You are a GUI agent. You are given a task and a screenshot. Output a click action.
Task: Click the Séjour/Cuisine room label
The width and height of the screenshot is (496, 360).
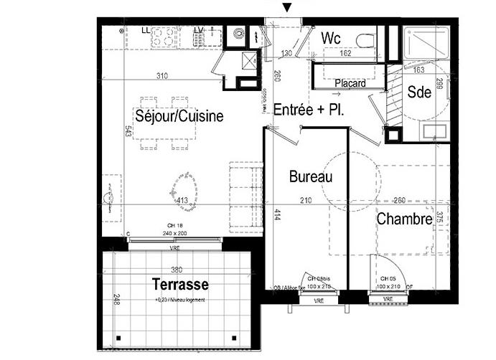pyautogui.click(x=179, y=116)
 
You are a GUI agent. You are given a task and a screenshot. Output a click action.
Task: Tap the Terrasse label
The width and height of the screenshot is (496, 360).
pyautogui.click(x=179, y=283)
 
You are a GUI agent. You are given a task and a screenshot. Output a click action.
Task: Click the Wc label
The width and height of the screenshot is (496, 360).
pyautogui.click(x=331, y=37)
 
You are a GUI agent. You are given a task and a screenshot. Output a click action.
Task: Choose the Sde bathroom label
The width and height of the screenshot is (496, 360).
pyautogui.click(x=418, y=93)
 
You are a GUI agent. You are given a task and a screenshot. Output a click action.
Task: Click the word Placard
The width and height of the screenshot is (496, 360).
pyautogui.click(x=350, y=83)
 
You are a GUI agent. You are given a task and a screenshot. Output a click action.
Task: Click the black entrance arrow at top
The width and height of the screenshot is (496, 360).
pyautogui.click(x=287, y=8)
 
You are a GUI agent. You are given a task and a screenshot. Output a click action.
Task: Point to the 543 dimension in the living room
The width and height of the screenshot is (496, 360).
pyautogui.click(x=127, y=131)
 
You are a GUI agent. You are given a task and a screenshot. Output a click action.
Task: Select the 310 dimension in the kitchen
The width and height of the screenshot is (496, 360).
pyautogui.click(x=163, y=76)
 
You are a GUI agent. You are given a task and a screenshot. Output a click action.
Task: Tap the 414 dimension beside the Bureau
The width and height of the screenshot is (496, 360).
pyautogui.click(x=276, y=213)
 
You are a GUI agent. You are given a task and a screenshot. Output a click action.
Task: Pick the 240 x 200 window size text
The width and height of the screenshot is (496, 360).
pyautogui.click(x=174, y=233)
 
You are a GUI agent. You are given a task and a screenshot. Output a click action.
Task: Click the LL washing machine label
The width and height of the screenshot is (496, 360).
pyautogui.click(x=146, y=30)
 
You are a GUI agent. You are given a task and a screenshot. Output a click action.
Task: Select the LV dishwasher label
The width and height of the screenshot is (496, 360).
pyautogui.click(x=199, y=30)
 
